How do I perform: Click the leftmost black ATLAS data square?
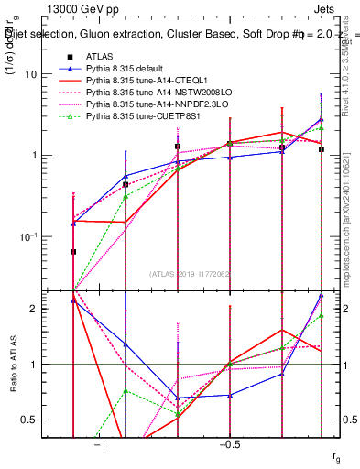73,251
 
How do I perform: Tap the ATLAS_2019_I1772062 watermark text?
191,273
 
